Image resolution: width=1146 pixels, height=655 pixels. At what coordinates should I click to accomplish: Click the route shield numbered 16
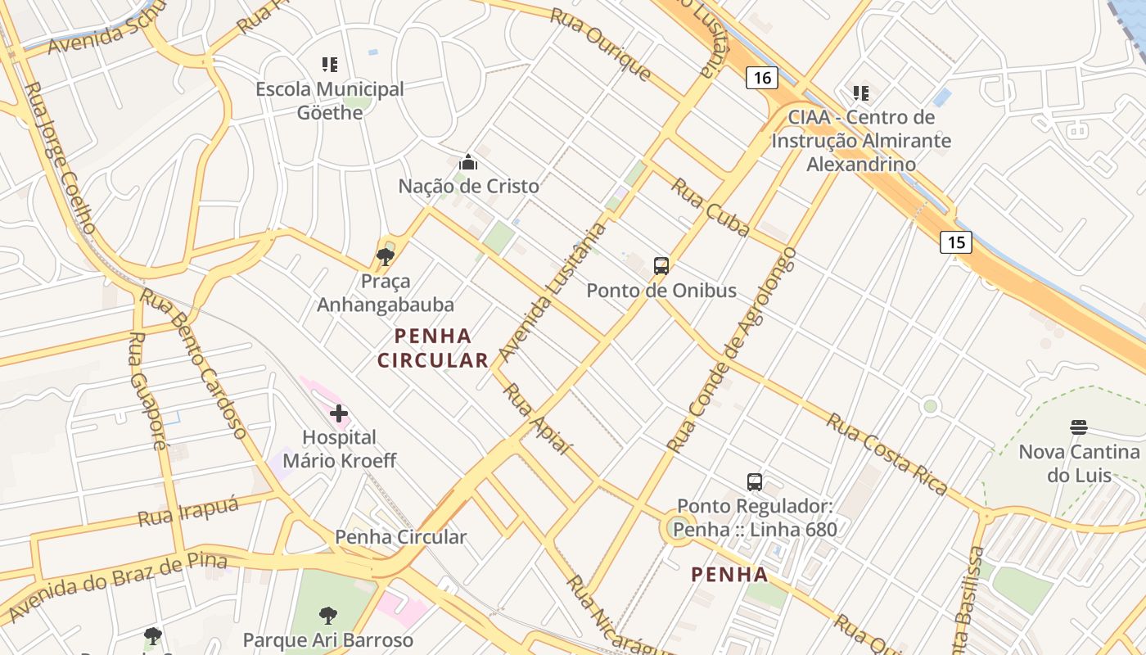click(x=762, y=78)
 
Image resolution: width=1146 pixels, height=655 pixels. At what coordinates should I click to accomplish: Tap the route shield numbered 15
click(x=955, y=242)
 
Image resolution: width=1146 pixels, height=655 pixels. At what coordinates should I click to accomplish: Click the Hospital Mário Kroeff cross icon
click(x=339, y=413)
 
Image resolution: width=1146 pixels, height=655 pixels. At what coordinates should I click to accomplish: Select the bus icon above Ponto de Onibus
click(x=661, y=265)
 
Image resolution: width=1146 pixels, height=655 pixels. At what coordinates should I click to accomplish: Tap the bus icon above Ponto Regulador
click(x=755, y=482)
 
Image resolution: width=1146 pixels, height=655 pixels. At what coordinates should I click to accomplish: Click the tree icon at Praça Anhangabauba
click(x=385, y=257)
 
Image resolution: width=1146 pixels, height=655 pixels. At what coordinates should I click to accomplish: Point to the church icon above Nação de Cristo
click(x=468, y=162)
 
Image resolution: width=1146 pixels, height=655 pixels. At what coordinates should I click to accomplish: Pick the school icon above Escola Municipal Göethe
click(x=330, y=64)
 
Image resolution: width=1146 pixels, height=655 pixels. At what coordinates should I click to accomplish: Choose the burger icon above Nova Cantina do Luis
click(x=1078, y=427)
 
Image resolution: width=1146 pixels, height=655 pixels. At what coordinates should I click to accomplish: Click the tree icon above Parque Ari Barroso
click(x=327, y=615)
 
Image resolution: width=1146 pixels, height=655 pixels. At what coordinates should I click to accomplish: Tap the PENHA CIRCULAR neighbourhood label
click(x=433, y=348)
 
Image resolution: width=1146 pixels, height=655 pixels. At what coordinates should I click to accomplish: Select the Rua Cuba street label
click(x=710, y=207)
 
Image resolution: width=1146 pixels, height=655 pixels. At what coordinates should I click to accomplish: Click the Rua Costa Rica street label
click(x=887, y=454)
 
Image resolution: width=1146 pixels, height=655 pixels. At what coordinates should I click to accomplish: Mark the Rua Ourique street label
click(x=601, y=44)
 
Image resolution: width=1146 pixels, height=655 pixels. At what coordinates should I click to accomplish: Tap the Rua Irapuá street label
click(x=187, y=512)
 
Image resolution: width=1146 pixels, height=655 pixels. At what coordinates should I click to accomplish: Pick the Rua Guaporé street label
click(x=147, y=391)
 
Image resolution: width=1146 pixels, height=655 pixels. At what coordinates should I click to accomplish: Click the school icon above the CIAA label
click(x=860, y=93)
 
